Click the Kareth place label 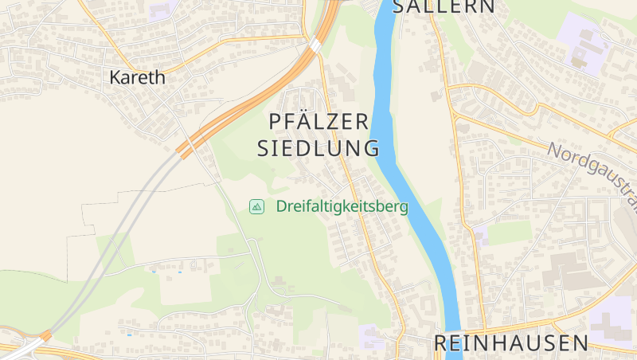(137, 77)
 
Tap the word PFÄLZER (318, 122)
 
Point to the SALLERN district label (444, 7)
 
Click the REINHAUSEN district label (511, 343)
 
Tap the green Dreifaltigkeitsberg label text (342, 206)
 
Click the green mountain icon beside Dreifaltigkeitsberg (256, 206)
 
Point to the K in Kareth (115, 77)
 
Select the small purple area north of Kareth (163, 10)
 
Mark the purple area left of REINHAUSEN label (371, 336)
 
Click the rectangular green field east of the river (508, 233)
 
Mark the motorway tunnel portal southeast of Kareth (185, 149)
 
